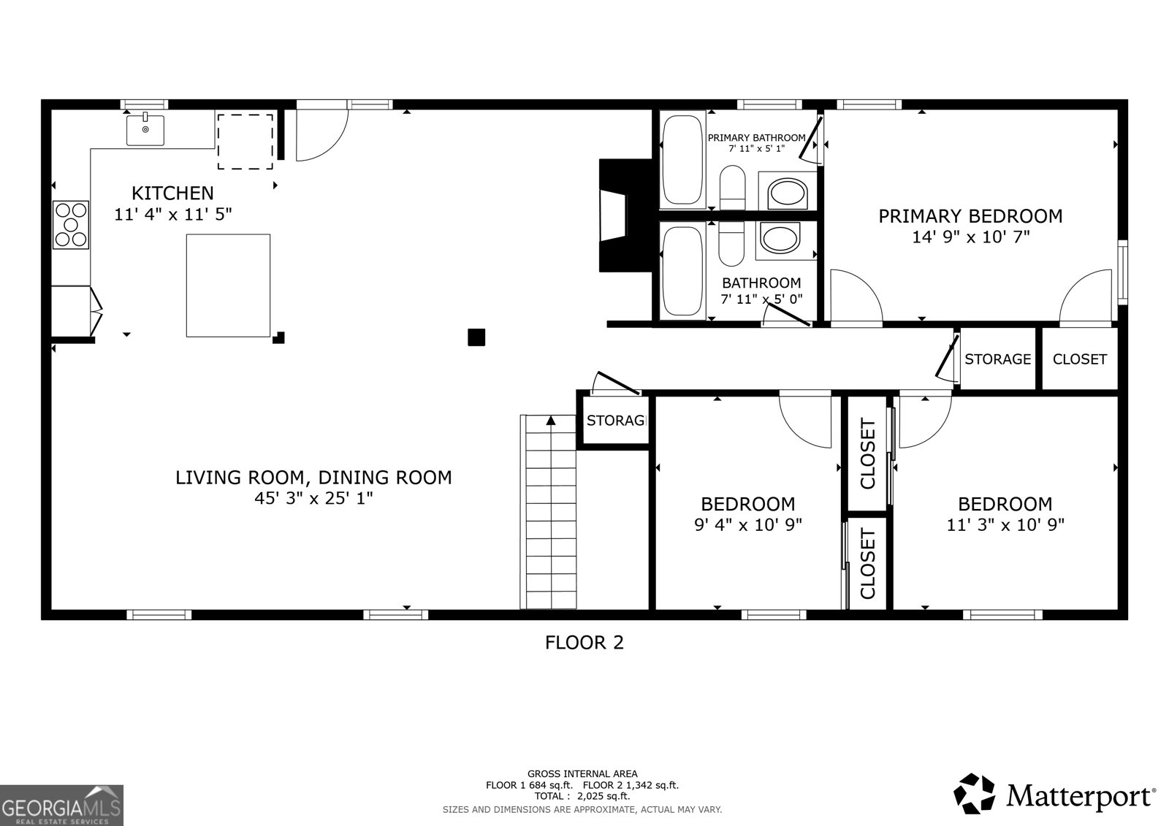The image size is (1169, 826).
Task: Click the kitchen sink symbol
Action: tap(145, 130)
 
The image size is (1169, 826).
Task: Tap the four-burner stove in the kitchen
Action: tap(71, 224)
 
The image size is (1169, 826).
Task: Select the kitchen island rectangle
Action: tap(228, 285)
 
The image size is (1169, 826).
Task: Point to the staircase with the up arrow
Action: tap(550, 511)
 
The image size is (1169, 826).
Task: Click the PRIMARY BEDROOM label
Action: tap(970, 216)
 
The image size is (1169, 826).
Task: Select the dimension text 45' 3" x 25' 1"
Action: tap(313, 498)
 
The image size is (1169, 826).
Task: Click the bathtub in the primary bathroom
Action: tap(683, 160)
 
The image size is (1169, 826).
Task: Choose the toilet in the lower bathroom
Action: tap(731, 245)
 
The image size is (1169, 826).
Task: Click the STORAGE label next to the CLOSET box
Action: tap(997, 359)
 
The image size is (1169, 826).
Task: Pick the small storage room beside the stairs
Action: tap(614, 421)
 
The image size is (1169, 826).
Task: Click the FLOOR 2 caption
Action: tap(584, 643)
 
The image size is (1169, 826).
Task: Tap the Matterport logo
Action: tap(1054, 795)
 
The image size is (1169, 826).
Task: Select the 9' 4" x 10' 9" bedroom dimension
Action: tap(747, 524)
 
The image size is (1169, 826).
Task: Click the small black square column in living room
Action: tap(476, 337)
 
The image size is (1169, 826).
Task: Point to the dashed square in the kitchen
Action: tap(245, 141)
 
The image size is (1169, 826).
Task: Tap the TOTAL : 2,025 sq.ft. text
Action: tap(582, 796)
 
